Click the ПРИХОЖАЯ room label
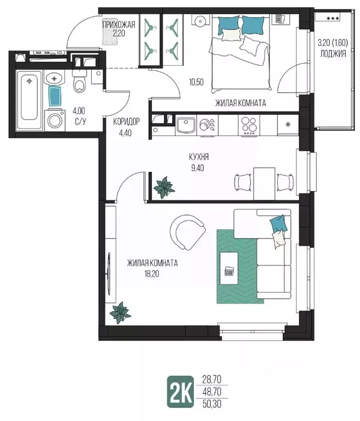[x=119, y=25]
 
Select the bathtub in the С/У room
[x=29, y=99]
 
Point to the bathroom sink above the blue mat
[x=55, y=78]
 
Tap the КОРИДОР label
[x=126, y=122]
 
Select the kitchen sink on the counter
[x=185, y=125]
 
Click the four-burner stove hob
[x=249, y=125]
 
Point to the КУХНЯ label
[x=199, y=157]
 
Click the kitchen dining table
[x=264, y=183]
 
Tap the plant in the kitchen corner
[x=164, y=187]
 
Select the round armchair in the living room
[x=188, y=232]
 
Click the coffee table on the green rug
[x=229, y=268]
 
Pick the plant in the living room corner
[x=120, y=312]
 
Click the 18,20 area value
[x=153, y=274]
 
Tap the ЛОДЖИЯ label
[x=333, y=54]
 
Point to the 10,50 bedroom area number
[x=196, y=82]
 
